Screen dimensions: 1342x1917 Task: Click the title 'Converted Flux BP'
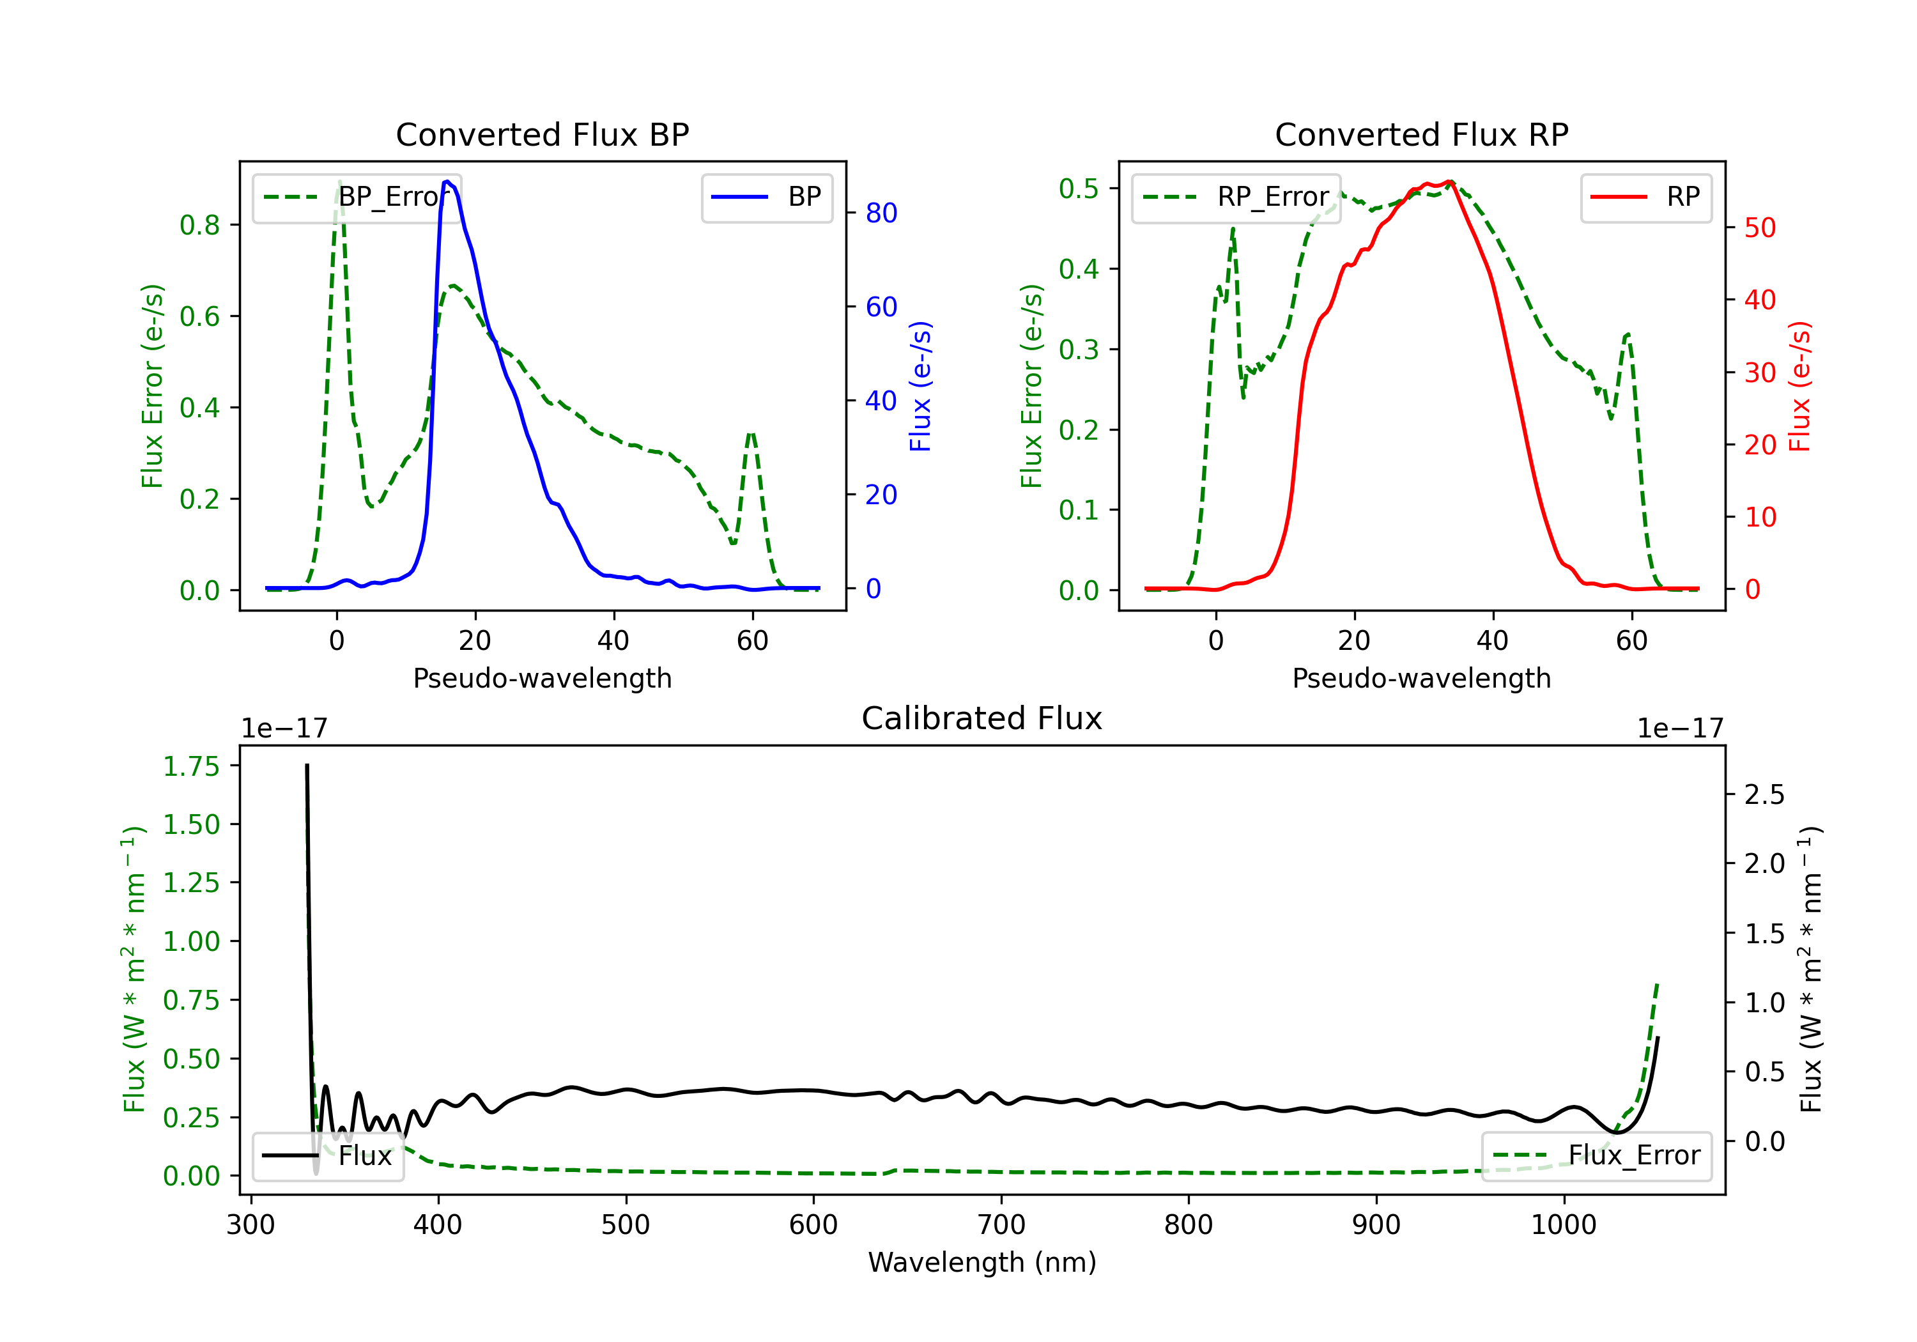[542, 134]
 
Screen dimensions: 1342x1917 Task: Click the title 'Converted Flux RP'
[1421, 134]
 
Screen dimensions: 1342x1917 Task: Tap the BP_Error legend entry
[357, 197]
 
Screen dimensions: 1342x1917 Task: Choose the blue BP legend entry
[766, 197]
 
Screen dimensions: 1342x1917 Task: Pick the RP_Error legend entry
[1236, 197]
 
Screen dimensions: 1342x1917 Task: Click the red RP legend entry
[1645, 197]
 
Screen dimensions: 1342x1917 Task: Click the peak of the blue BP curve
[447, 181]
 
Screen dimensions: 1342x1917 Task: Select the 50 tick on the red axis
[1759, 228]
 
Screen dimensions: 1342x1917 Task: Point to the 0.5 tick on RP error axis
[1078, 189]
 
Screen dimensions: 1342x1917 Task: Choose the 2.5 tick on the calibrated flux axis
[1764, 794]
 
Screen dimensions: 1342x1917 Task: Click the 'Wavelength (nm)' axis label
[982, 1262]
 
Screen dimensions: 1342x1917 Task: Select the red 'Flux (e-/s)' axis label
[1799, 386]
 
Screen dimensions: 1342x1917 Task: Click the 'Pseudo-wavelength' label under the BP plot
[542, 678]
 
